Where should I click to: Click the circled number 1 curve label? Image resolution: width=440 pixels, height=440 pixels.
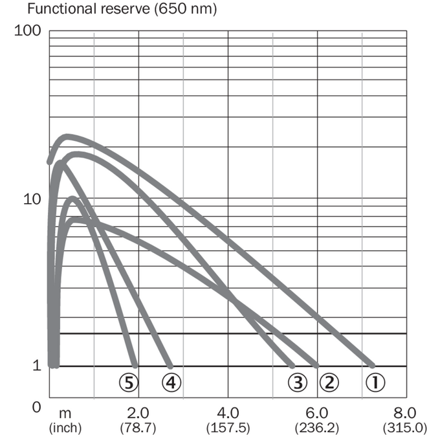[375, 382]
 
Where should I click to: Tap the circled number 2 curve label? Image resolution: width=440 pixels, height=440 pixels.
[329, 382]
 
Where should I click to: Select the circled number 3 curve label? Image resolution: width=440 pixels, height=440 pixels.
[298, 382]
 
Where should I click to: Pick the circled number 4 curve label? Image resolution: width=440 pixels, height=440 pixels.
[171, 382]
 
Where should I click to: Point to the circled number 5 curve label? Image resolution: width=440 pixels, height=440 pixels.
[129, 382]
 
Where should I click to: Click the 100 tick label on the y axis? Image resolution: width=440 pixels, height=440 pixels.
[27, 30]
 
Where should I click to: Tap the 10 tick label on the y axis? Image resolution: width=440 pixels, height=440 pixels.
[32, 199]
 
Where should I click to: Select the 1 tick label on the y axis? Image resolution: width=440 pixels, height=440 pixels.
[37, 366]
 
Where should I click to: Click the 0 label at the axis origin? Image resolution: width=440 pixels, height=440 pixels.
[36, 407]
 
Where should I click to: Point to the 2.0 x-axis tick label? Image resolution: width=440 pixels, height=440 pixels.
[138, 413]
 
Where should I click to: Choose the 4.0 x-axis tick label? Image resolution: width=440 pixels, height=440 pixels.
[228, 413]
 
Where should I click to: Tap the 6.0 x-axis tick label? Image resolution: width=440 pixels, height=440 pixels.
[317, 413]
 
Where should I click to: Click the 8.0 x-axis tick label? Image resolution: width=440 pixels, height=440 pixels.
[405, 413]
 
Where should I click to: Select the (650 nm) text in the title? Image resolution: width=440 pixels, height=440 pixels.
[186, 9]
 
